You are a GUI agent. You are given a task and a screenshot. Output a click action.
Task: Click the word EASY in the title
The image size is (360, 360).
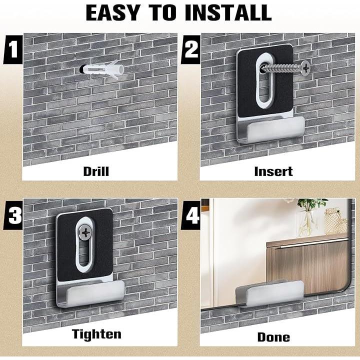(x=113, y=12)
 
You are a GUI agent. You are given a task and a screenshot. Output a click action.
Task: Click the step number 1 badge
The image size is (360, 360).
(x=13, y=49)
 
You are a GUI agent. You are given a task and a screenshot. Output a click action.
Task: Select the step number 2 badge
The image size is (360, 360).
(x=191, y=49)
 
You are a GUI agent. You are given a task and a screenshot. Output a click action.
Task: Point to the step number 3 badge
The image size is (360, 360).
(x=13, y=215)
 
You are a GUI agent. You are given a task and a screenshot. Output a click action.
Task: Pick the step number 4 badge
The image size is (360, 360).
(x=191, y=215)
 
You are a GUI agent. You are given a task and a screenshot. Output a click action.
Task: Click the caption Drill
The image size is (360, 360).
(x=96, y=171)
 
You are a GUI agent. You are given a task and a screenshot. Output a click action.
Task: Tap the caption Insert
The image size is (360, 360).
(x=273, y=171)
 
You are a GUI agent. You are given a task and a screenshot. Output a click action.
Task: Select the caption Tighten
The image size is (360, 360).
(x=96, y=334)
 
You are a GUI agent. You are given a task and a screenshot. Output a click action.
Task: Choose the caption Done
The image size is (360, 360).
(x=273, y=337)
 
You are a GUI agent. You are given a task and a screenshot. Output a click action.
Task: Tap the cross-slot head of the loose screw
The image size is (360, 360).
(x=306, y=68)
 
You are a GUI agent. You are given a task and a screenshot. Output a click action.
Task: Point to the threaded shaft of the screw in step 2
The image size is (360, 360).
(x=281, y=68)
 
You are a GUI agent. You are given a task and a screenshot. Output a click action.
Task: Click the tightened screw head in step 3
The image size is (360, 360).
(x=84, y=232)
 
